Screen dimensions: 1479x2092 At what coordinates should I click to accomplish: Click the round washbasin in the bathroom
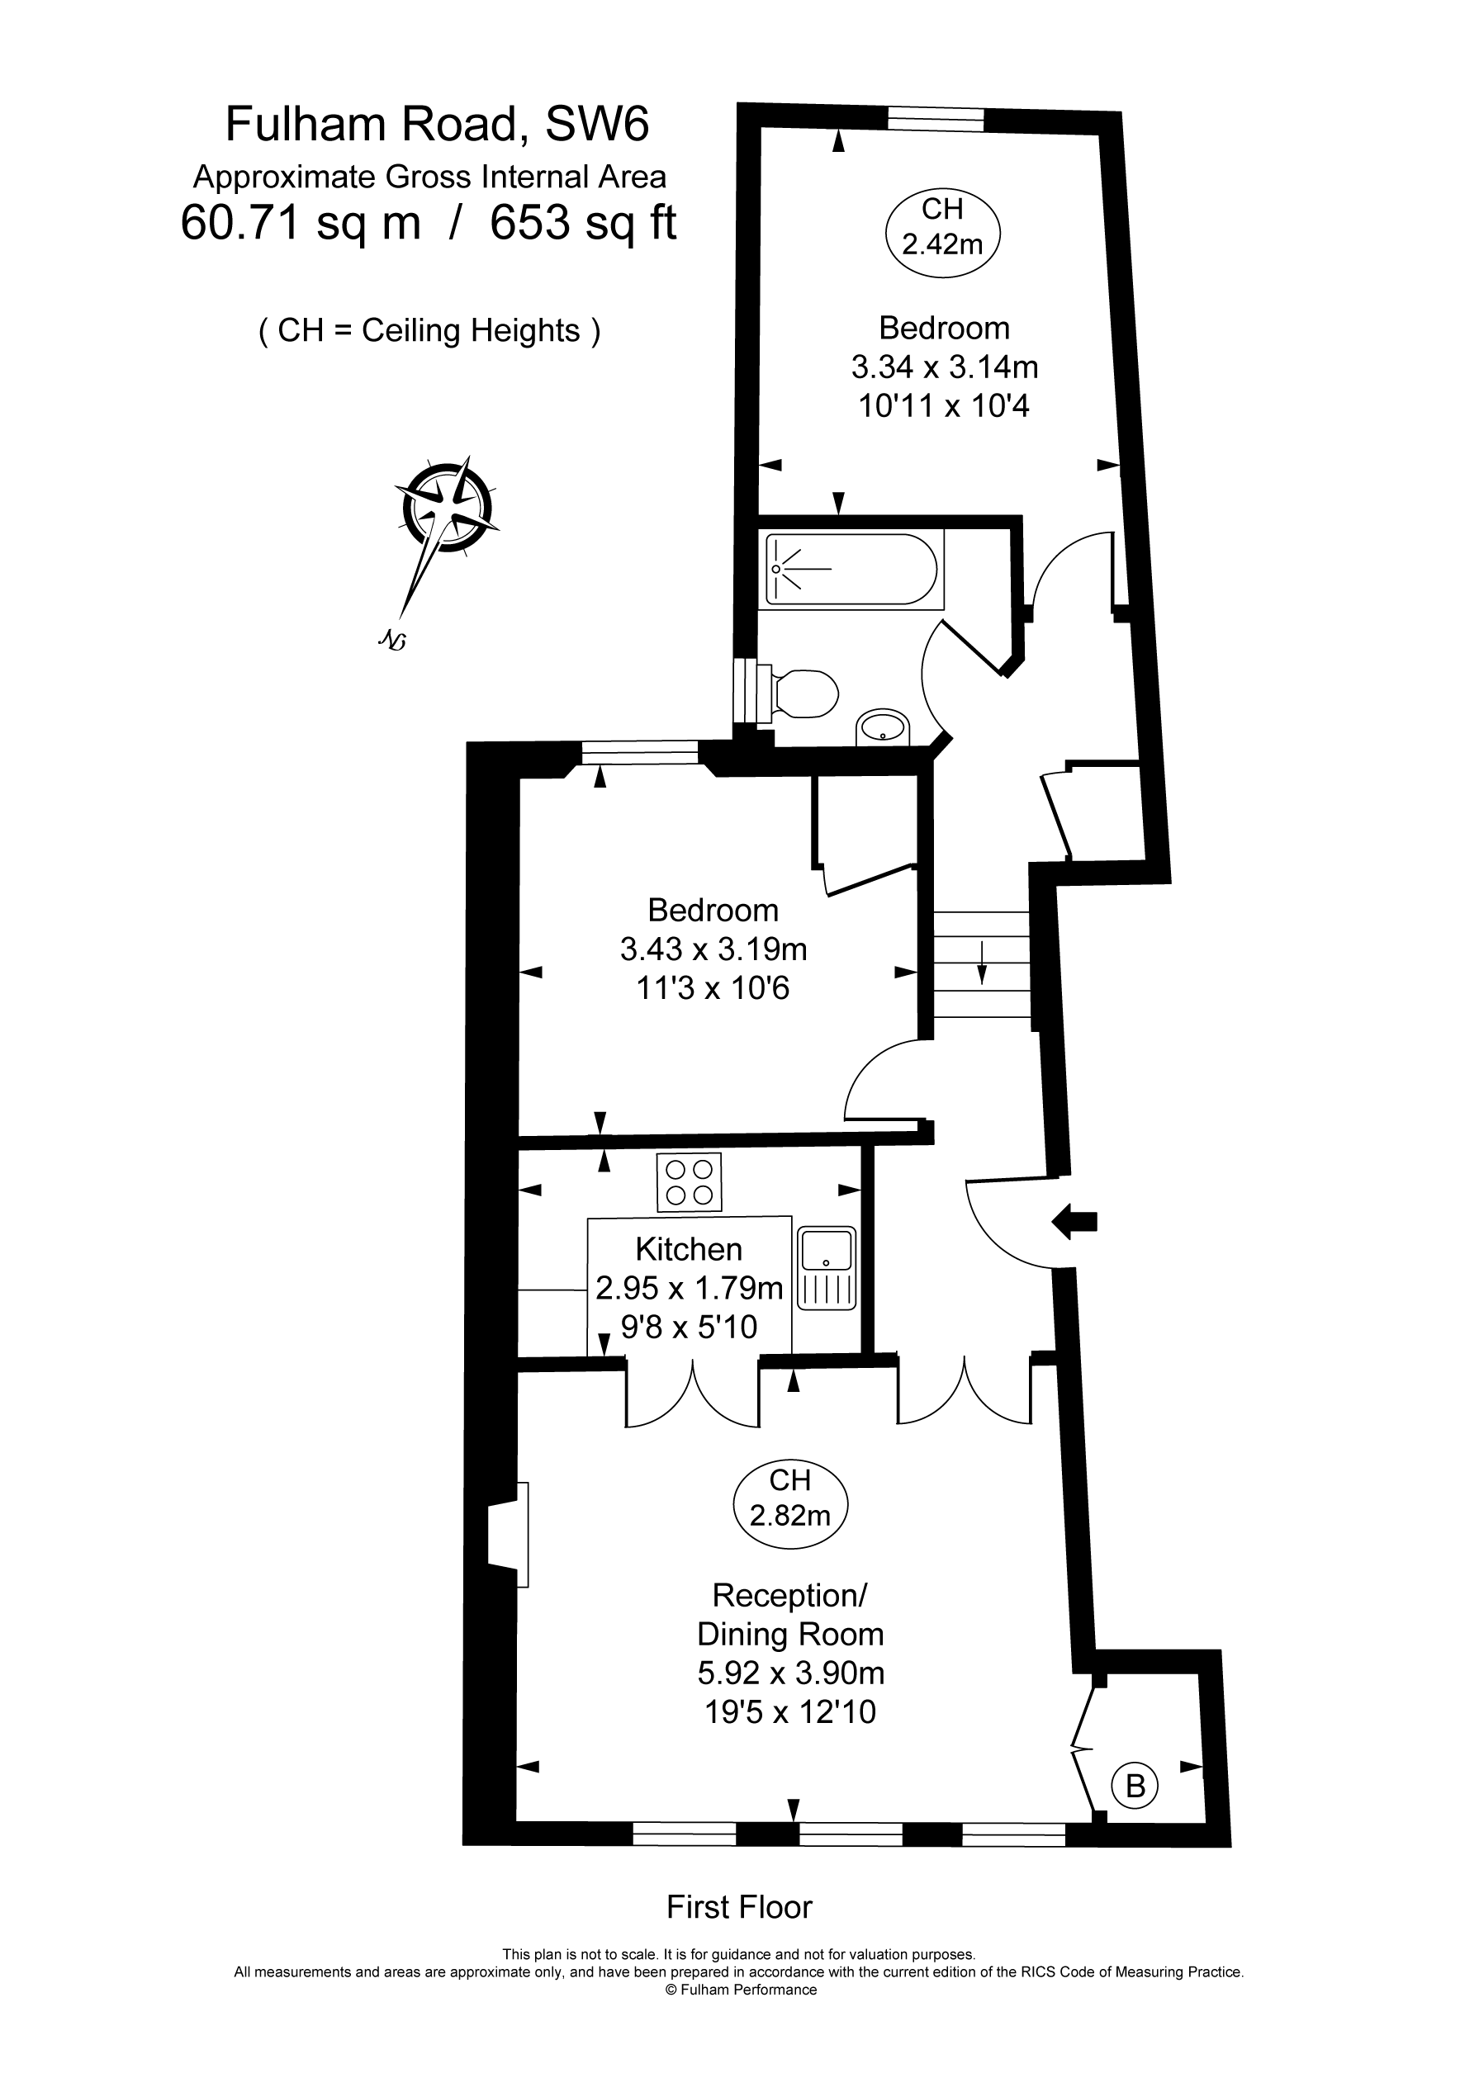(x=883, y=727)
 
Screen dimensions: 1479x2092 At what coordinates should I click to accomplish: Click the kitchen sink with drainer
(x=827, y=1267)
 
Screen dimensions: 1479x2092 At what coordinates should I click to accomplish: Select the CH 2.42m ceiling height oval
(x=943, y=227)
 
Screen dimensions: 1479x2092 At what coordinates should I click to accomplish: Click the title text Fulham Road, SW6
(x=438, y=124)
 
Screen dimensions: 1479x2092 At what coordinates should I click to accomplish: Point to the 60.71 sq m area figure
(x=301, y=222)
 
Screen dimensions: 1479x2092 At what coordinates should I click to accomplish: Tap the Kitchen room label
(x=689, y=1248)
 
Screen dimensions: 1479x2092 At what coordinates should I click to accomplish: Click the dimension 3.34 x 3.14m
(x=945, y=367)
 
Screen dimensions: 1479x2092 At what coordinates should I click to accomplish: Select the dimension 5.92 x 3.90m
(x=791, y=1673)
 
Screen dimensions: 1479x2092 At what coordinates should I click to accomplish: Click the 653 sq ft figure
(x=583, y=222)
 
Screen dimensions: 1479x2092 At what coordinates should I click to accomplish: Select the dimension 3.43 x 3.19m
(x=713, y=949)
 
